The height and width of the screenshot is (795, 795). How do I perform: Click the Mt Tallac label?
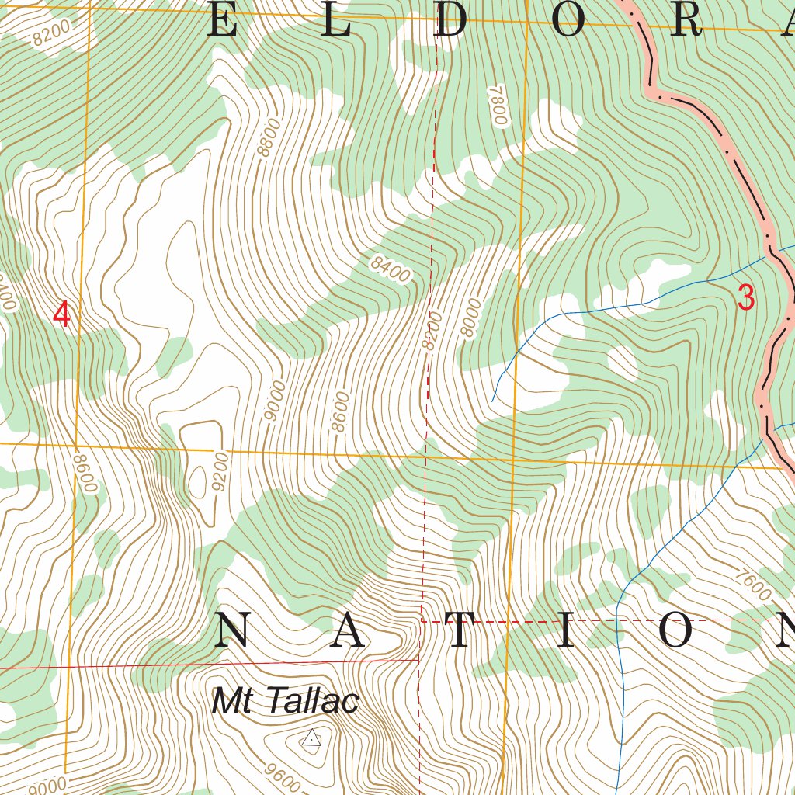285,702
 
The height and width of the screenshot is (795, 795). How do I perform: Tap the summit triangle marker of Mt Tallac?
311,739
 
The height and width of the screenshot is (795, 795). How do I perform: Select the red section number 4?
62,314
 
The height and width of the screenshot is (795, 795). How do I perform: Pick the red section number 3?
745,298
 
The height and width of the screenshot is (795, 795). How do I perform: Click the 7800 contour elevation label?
497,106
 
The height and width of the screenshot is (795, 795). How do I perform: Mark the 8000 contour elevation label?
470,318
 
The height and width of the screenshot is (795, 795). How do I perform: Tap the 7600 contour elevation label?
752,584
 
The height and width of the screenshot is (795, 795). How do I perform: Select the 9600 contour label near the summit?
282,776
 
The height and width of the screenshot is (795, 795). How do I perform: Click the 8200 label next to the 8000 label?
432,330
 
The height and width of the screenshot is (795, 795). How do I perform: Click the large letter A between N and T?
349,631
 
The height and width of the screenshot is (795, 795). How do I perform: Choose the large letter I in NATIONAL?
565,631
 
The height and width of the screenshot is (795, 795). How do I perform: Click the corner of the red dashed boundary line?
422,621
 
